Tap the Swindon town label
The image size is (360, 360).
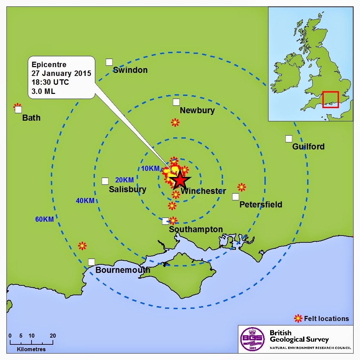130,70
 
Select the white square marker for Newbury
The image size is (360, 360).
176,102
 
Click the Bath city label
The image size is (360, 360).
31,118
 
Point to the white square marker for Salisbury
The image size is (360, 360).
105,181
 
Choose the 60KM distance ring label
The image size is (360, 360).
44,219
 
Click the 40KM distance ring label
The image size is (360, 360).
85,201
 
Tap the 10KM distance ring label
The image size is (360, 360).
150,168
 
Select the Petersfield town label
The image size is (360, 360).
261,205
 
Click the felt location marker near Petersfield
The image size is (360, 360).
241,187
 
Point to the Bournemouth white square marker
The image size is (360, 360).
92,262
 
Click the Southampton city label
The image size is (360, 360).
196,229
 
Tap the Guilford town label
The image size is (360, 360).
308,147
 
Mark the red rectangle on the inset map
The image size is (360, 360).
331,99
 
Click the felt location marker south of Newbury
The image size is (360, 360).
175,122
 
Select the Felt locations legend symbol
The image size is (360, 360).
298,318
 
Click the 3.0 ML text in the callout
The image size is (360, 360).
43,91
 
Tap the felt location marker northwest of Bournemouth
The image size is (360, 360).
82,246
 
